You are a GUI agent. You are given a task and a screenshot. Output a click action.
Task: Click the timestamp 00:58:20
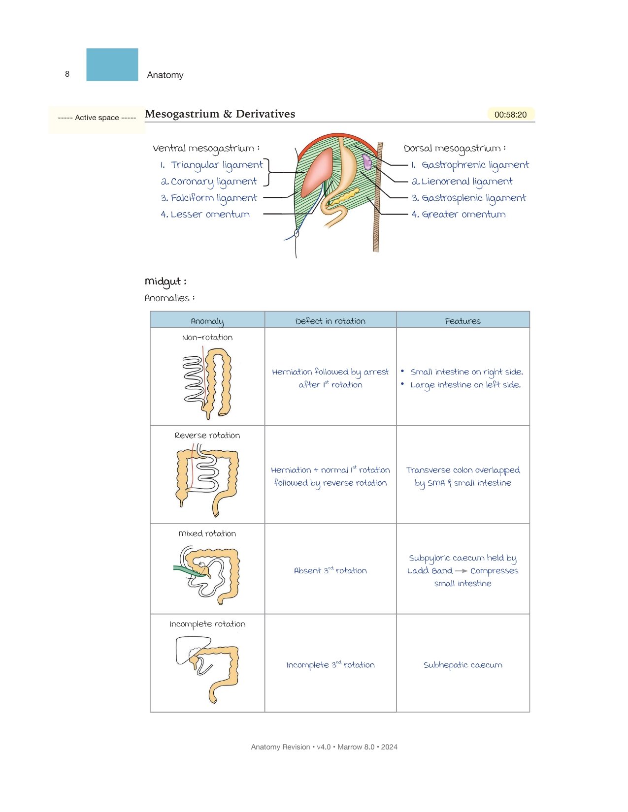[510, 115]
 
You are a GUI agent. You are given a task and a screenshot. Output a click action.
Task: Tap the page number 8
[67, 74]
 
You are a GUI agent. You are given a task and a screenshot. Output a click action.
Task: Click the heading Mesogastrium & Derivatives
[220, 114]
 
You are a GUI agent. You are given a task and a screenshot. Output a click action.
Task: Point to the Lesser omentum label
[205, 215]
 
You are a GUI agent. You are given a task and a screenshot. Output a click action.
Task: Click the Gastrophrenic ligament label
[470, 165]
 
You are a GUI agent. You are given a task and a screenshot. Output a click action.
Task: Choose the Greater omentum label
[459, 215]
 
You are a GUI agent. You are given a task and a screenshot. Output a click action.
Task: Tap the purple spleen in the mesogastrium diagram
[367, 162]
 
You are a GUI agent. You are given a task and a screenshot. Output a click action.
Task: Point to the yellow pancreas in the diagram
[343, 196]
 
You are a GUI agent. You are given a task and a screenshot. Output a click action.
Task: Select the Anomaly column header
[207, 321]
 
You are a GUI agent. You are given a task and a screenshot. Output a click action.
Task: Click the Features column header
[463, 321]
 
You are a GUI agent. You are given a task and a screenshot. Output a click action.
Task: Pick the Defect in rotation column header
[331, 321]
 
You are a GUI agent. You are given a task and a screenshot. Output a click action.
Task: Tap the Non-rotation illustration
[207, 383]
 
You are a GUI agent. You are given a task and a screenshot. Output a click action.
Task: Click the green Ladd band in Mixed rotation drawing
[189, 571]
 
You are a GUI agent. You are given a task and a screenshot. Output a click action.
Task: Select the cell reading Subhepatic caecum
[463, 665]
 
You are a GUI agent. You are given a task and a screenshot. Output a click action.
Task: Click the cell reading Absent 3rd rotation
[331, 570]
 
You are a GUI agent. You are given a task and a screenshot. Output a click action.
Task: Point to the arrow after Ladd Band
[461, 571]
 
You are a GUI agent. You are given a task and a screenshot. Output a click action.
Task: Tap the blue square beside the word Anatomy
[112, 64]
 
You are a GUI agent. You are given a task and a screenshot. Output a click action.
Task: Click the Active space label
[97, 118]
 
